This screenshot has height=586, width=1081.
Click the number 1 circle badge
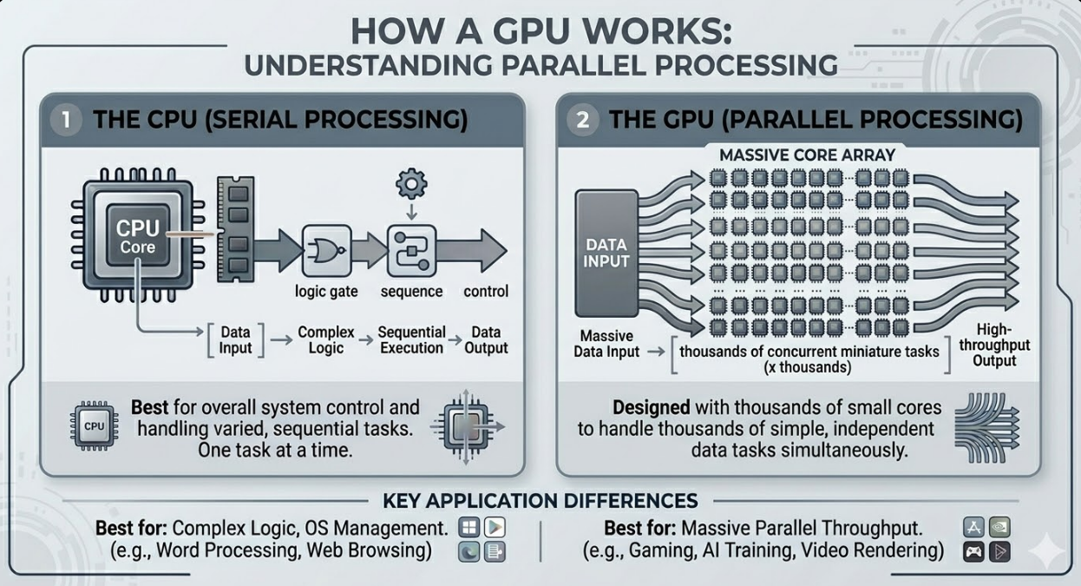tap(67, 120)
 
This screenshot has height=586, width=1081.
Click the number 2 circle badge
tap(583, 120)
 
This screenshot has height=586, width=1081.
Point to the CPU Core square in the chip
tap(138, 236)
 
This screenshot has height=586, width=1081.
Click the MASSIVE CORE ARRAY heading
tap(807, 156)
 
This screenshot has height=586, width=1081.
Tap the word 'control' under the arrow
tap(486, 291)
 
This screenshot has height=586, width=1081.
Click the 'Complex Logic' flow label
tap(326, 340)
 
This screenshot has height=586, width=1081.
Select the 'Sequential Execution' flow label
tap(411, 340)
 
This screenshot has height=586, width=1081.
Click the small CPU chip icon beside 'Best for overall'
tap(93, 426)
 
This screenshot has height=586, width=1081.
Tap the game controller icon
tap(973, 550)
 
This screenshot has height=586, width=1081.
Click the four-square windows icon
tap(469, 528)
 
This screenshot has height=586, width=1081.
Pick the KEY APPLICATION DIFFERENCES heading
tap(540, 501)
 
